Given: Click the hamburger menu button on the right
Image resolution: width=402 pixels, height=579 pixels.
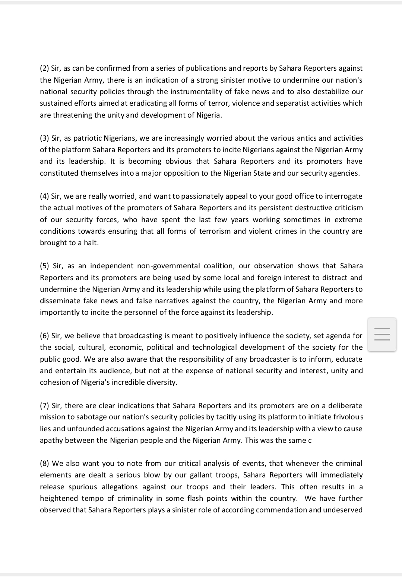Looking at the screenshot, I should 382,334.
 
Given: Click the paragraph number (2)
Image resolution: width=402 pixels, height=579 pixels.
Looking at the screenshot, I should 44,68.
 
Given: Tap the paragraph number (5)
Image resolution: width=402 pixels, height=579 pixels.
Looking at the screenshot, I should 44,266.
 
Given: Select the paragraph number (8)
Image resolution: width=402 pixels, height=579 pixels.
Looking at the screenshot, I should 44,463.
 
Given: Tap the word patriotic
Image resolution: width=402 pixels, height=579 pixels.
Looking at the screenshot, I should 87,138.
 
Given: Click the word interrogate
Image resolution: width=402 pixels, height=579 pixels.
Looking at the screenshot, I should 344,196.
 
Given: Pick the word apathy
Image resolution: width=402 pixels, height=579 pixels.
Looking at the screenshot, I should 51,440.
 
